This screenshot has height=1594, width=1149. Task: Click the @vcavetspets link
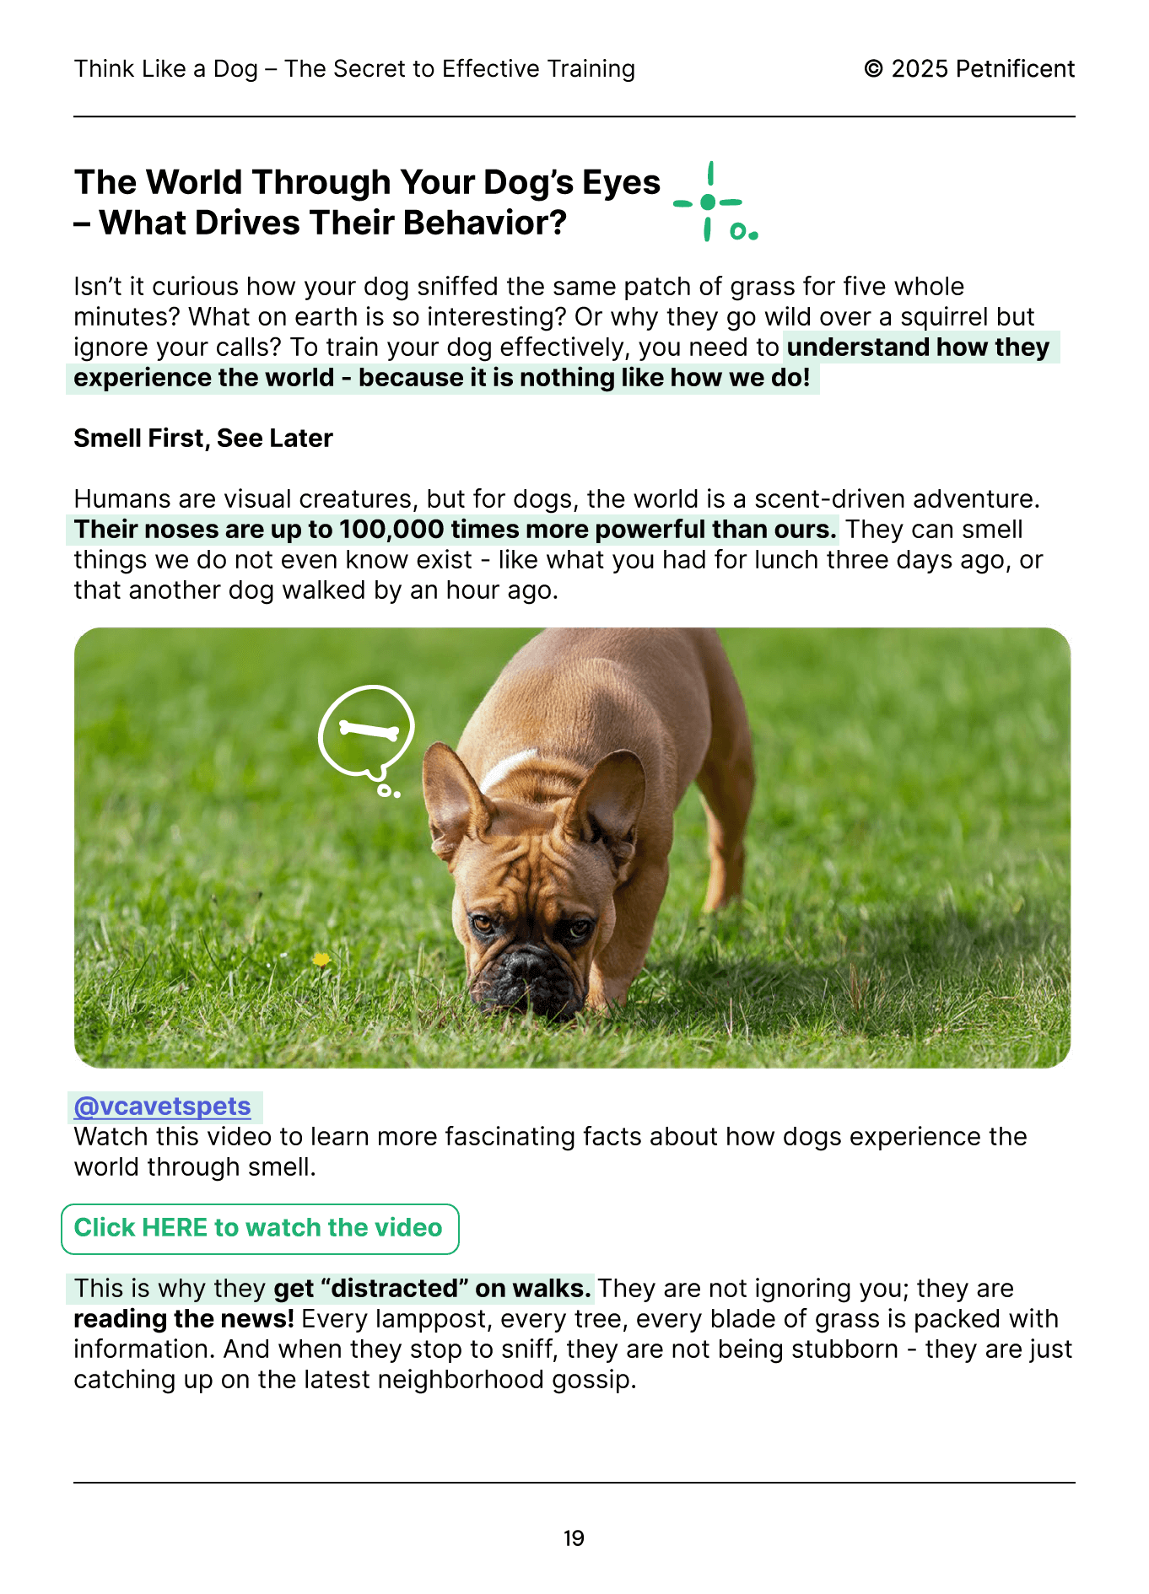tap(163, 1107)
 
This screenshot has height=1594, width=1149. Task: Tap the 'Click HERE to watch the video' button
tap(259, 1228)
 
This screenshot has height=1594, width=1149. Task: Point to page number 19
tap(574, 1538)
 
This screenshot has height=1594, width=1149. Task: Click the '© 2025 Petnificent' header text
tap(969, 69)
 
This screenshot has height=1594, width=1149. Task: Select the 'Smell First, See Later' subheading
tap(203, 439)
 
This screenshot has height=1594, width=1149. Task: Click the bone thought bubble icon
tap(367, 731)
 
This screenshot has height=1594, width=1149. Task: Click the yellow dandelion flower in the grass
tap(321, 959)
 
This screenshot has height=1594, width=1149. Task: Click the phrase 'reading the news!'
tap(184, 1319)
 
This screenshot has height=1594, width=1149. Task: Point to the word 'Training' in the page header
tap(591, 69)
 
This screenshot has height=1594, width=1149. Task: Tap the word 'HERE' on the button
tap(175, 1228)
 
